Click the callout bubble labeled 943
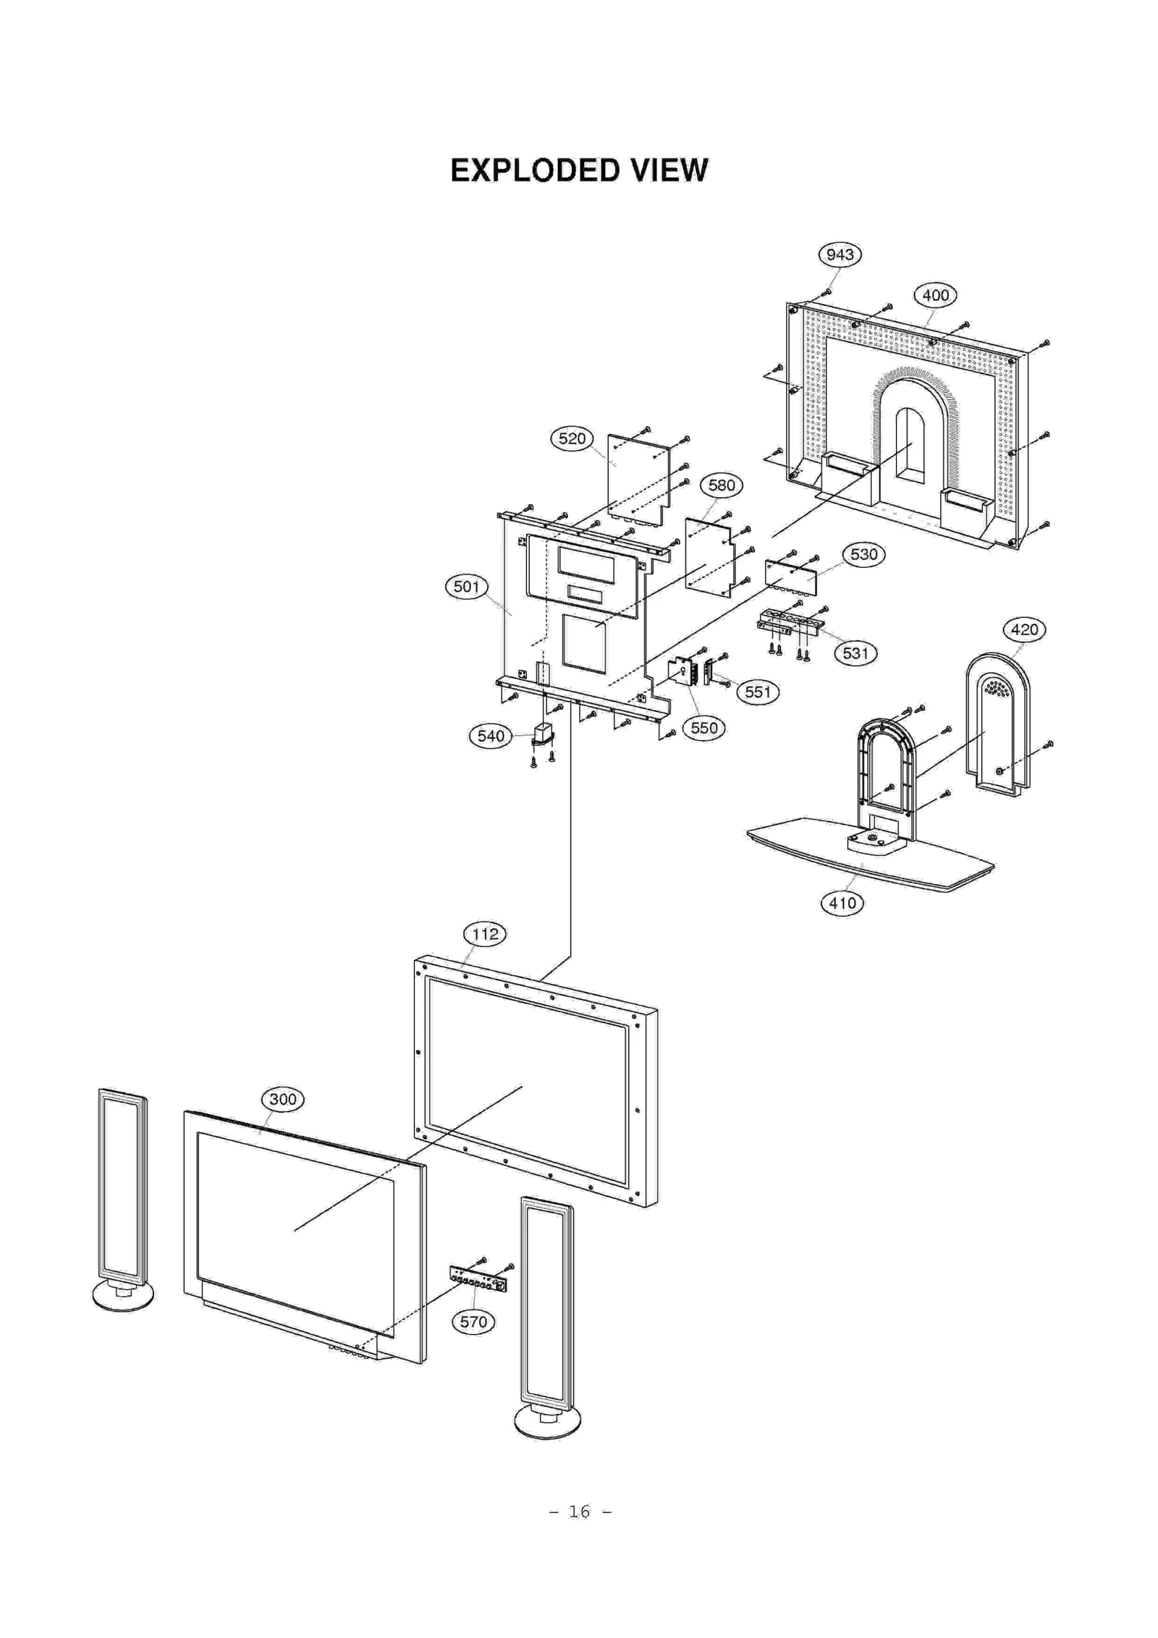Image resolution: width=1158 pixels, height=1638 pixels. coord(840,255)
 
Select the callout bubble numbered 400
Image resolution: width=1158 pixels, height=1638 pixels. coord(935,295)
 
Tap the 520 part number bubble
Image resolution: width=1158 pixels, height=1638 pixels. coord(572,438)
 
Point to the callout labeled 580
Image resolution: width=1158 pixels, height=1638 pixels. coord(721,485)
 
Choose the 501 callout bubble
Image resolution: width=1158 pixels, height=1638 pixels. coord(466,587)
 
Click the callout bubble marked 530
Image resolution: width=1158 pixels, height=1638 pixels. coord(863,555)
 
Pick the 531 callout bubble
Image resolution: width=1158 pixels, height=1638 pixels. coord(855,653)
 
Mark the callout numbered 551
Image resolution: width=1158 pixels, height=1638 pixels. coord(758,692)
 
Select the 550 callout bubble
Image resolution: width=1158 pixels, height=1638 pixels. coord(703,728)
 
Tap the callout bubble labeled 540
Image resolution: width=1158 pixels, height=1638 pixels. coord(491,737)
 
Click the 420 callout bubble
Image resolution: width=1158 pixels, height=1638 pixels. coord(1024,629)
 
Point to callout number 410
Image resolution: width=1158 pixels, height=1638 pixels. coord(842,903)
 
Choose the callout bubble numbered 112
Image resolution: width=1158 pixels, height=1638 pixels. coord(485,934)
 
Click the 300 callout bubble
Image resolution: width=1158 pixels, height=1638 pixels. coord(282,1099)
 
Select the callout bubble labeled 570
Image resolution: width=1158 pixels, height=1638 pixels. coord(473,1322)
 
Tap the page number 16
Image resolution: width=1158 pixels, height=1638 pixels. coord(579,1511)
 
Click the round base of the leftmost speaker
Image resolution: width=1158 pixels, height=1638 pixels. coord(123,1296)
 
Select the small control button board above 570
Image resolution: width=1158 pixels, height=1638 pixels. coord(478,1279)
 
